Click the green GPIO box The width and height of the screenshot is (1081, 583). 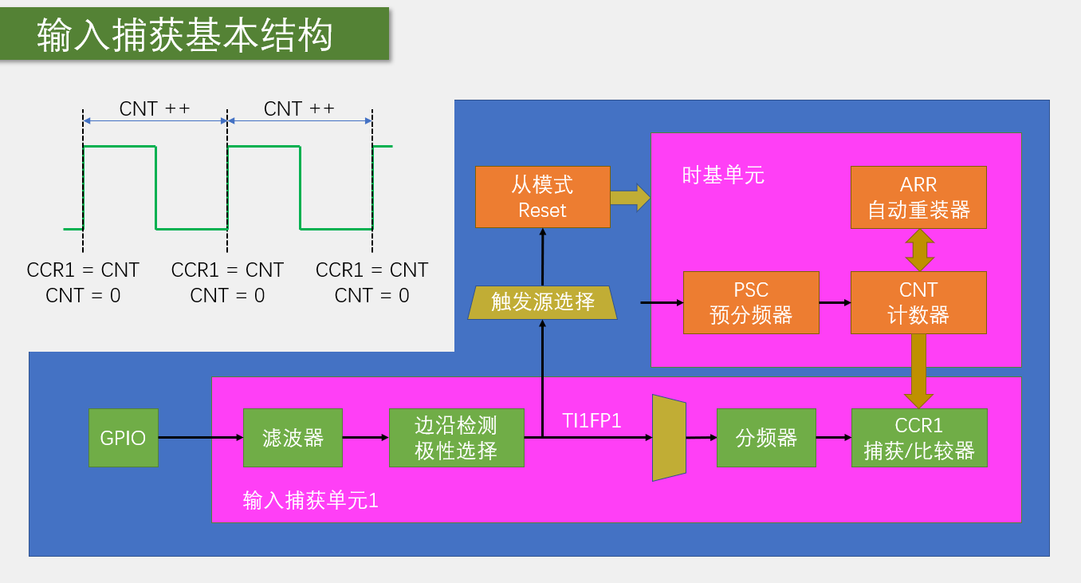pyautogui.click(x=124, y=437)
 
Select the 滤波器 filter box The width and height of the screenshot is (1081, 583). pyautogui.click(x=293, y=437)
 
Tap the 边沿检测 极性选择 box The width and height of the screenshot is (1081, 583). pyautogui.click(x=456, y=437)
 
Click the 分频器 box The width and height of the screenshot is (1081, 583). pyautogui.click(x=766, y=437)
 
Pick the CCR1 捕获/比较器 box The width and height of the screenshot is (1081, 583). pyautogui.click(x=918, y=437)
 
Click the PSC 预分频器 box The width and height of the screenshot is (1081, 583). pyautogui.click(x=750, y=302)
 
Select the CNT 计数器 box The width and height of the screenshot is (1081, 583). pyautogui.click(x=918, y=302)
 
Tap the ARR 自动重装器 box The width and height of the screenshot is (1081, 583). pyautogui.click(x=918, y=197)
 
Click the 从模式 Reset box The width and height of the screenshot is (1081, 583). pyautogui.click(x=542, y=197)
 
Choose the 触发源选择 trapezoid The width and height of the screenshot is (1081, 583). pyautogui.click(x=542, y=302)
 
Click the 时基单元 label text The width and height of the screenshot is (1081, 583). pyautogui.click(x=723, y=175)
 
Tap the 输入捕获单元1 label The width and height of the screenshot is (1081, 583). pyautogui.click(x=310, y=500)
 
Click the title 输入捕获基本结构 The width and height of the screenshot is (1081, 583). pyautogui.click(x=185, y=36)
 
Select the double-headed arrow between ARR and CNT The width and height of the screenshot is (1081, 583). pyautogui.click(x=919, y=250)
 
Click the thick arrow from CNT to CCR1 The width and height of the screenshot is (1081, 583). pyautogui.click(x=919, y=371)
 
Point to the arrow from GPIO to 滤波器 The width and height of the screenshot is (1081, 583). pyautogui.click(x=200, y=437)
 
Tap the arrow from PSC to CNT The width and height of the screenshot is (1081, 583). pyautogui.click(x=835, y=302)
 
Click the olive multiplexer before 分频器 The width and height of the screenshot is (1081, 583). pyautogui.click(x=669, y=437)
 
